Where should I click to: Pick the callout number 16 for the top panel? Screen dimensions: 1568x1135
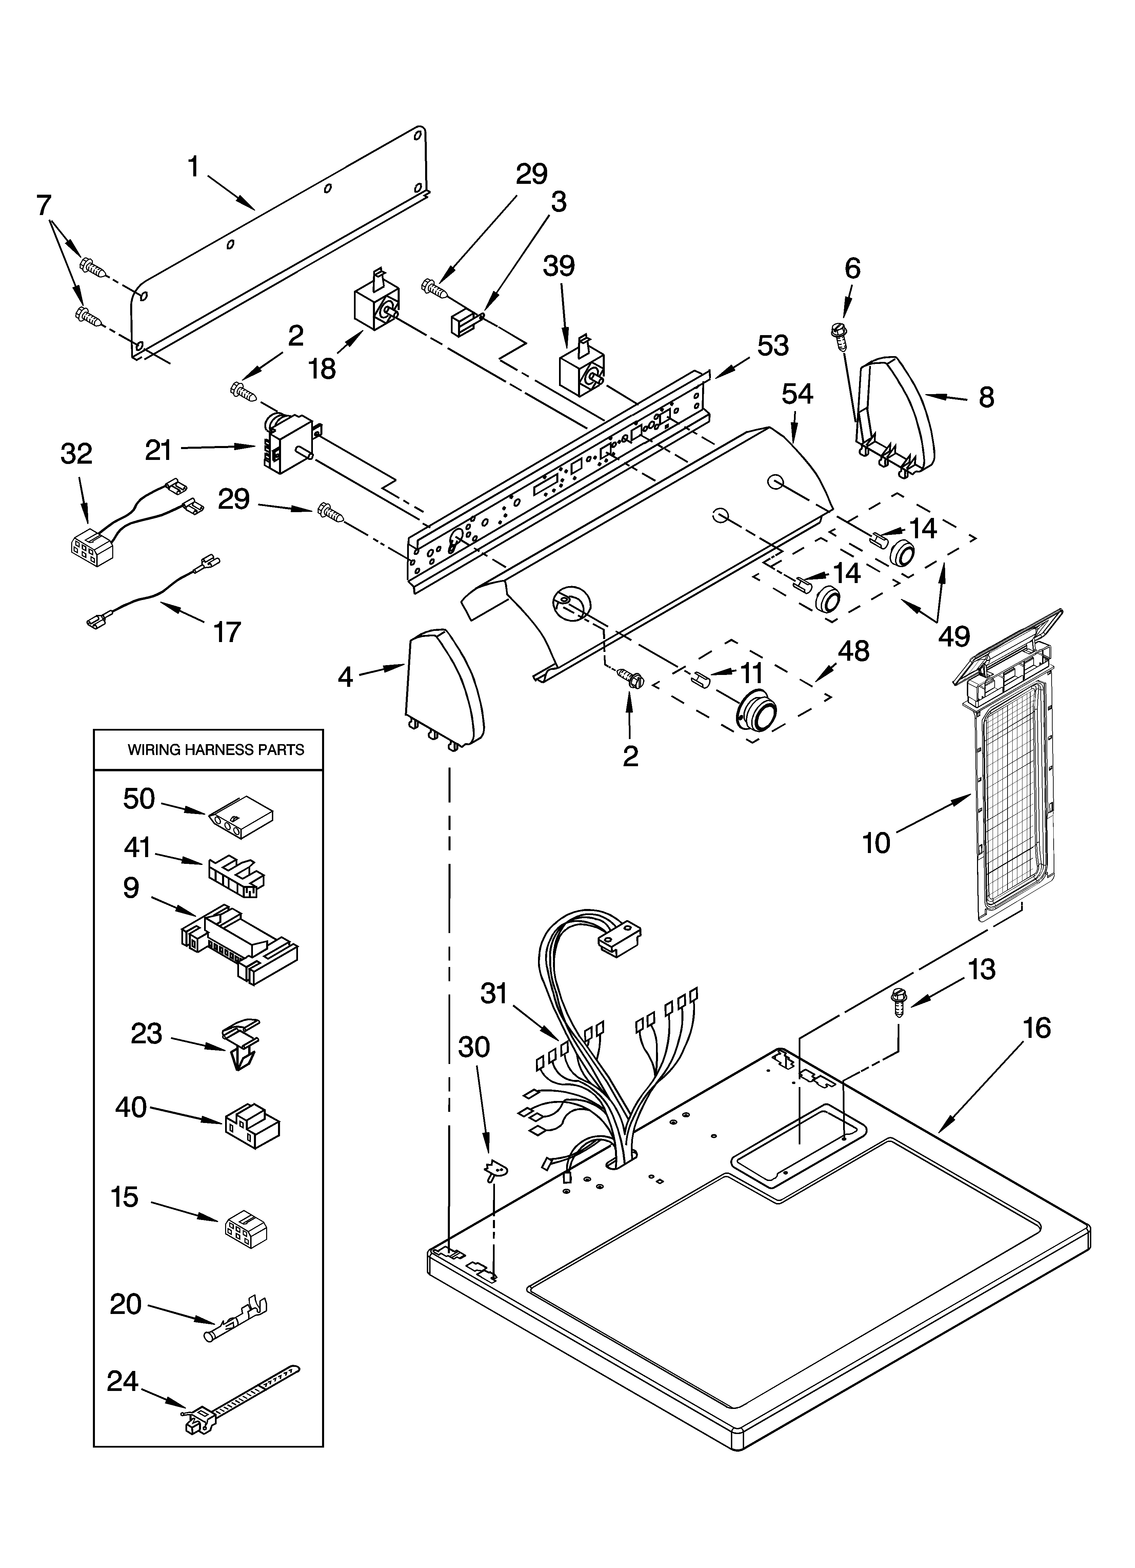pos(1037,1028)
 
